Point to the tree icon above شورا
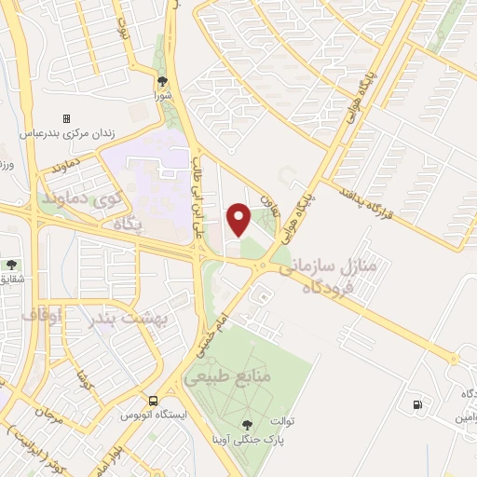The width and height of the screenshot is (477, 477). (163, 81)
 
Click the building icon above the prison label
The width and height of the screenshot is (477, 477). (66, 118)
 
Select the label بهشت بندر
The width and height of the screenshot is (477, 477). (131, 320)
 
